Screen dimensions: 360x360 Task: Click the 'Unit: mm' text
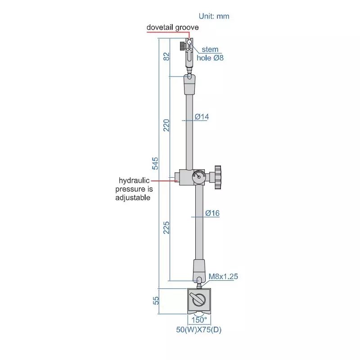[x=214, y=16]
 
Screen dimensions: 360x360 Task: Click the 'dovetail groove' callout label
[x=173, y=27]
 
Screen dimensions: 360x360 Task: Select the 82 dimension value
[x=166, y=57]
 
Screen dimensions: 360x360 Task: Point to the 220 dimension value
[x=166, y=125]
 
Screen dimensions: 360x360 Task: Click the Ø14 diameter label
[x=202, y=117]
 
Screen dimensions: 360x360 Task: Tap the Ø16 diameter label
[x=211, y=213]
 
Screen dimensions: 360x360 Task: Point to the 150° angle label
[x=200, y=320]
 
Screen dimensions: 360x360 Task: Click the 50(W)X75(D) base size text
[x=199, y=330]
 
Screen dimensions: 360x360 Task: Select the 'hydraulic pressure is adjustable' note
[x=133, y=189]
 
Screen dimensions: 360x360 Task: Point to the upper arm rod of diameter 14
[x=190, y=130]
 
